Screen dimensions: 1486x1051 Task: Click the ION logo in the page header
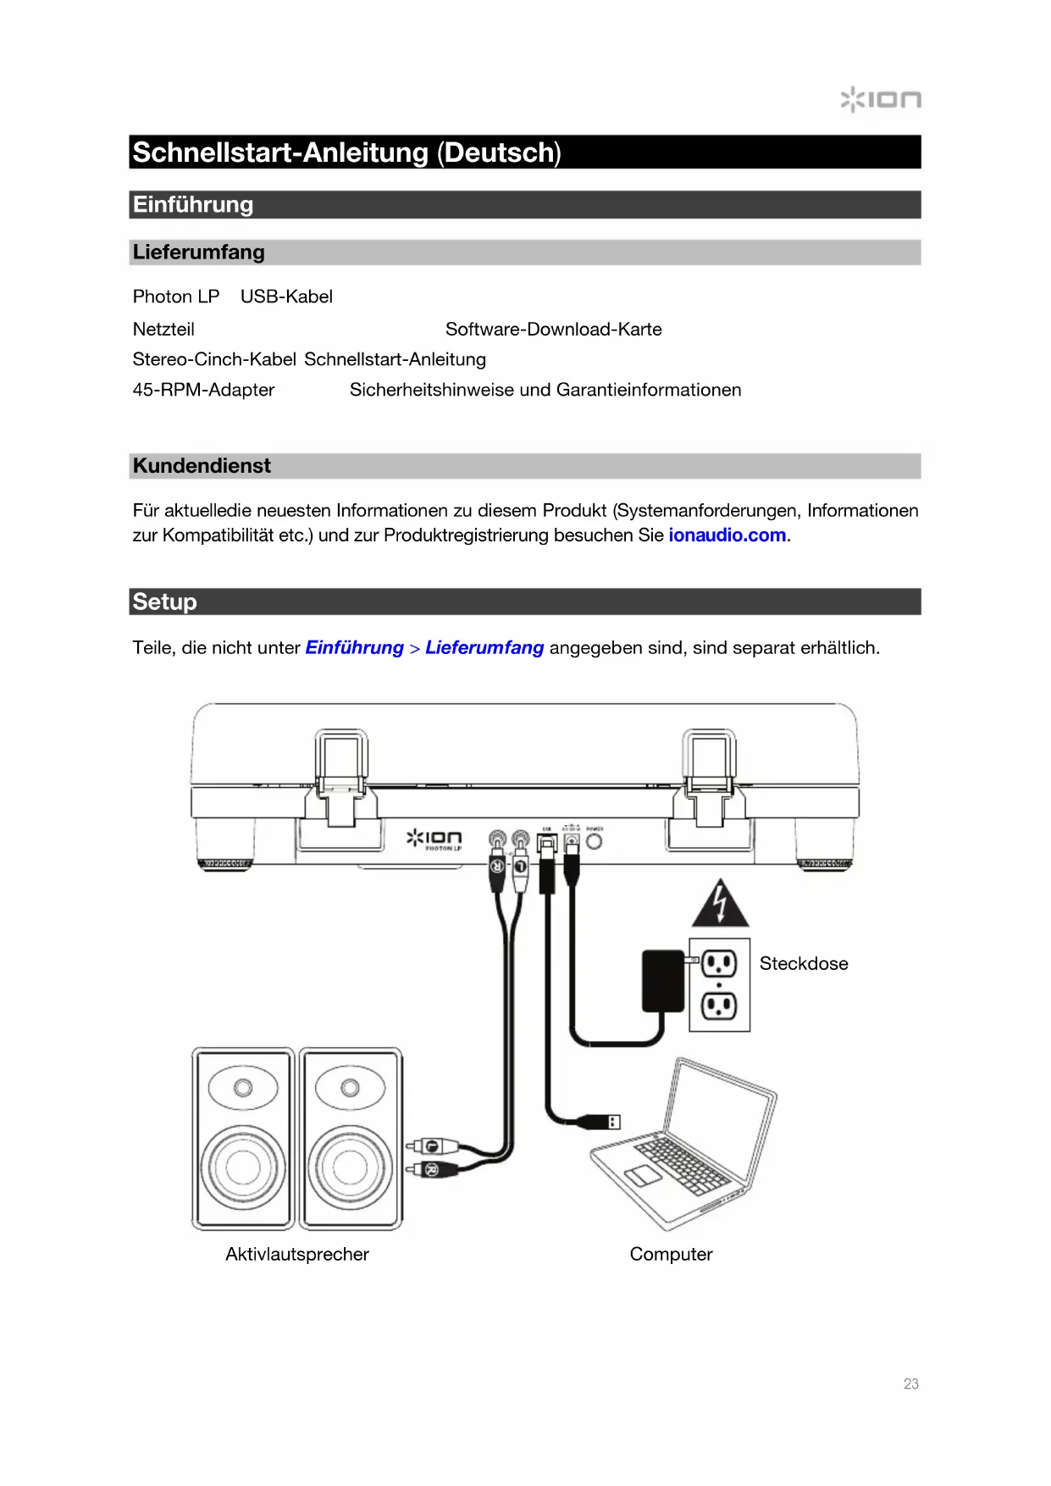click(881, 99)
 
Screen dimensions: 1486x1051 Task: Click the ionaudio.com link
click(727, 535)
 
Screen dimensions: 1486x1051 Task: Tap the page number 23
click(910, 1383)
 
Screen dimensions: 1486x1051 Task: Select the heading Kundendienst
click(202, 466)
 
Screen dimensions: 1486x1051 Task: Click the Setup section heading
click(164, 602)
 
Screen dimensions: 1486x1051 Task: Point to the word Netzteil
click(163, 329)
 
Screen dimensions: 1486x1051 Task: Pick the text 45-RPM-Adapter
click(203, 390)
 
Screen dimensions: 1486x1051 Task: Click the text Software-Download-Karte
click(553, 329)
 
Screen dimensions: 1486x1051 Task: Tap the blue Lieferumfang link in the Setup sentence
click(484, 647)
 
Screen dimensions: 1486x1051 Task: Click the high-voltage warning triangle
click(720, 905)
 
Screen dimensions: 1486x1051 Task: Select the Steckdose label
click(803, 963)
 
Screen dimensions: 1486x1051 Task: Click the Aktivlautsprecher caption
click(296, 1254)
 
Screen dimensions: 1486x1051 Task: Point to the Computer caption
click(671, 1254)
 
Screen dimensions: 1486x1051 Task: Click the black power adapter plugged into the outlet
click(663, 981)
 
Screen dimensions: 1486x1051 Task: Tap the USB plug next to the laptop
click(612, 1122)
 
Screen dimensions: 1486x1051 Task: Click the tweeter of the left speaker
click(243, 1088)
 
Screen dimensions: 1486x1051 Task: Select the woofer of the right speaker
click(350, 1167)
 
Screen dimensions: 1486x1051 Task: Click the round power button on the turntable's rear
click(595, 841)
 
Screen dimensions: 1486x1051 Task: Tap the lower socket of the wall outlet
click(719, 1006)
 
